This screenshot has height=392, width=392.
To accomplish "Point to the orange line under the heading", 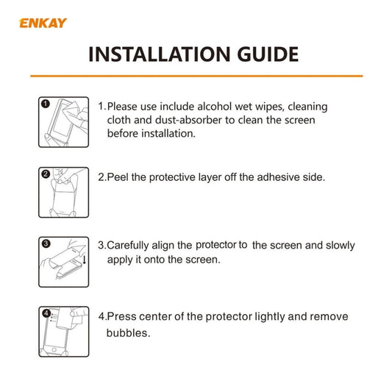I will (196, 75).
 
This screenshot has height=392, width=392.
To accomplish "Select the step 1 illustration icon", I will (63, 122).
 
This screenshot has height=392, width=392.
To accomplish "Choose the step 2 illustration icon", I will (63, 193).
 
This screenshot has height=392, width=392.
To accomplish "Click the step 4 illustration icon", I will (63, 332).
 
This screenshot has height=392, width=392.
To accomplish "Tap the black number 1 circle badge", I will (46, 105).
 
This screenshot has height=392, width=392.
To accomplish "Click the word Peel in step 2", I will (120, 177).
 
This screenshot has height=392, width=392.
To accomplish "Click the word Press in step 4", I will (122, 317).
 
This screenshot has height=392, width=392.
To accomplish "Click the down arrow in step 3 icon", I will (85, 259).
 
